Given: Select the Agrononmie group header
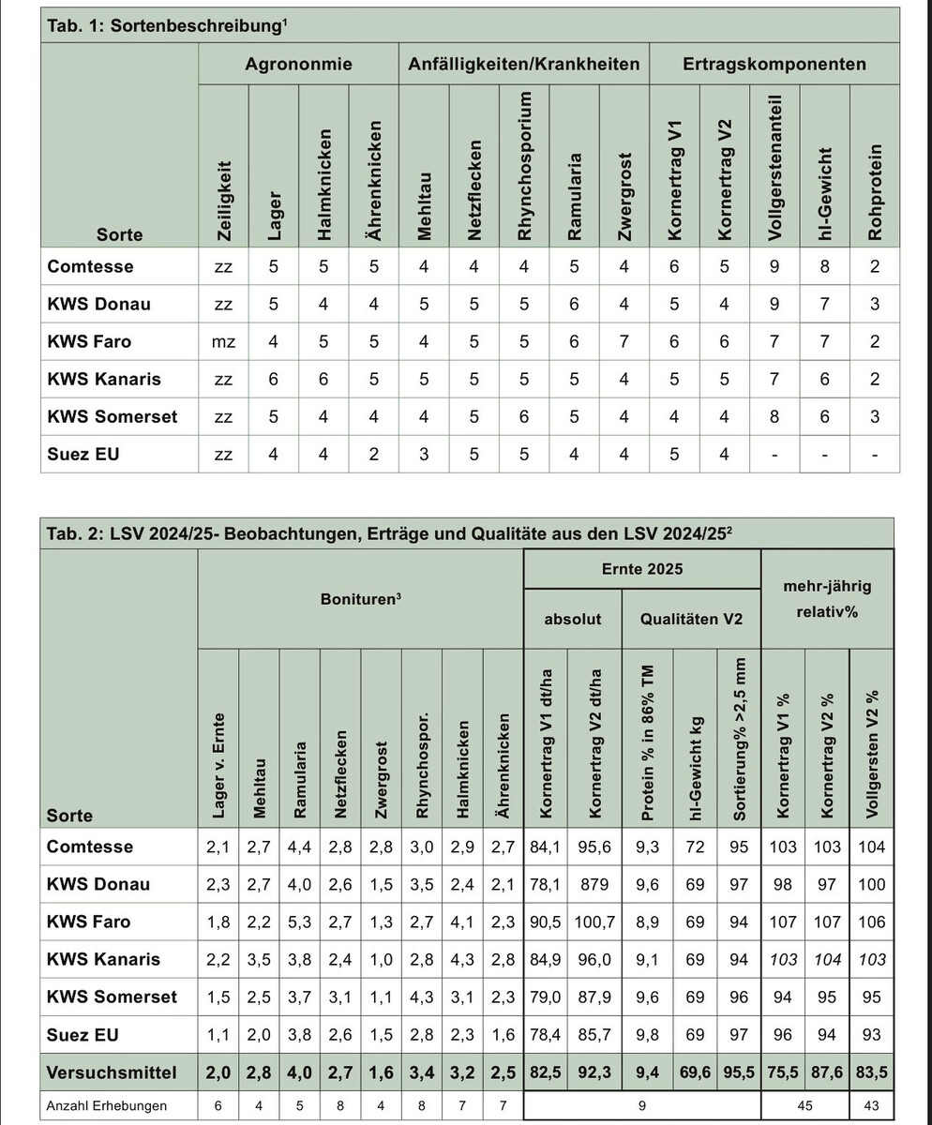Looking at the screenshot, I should coord(298,65).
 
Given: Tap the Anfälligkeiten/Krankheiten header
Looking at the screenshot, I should coord(523,65).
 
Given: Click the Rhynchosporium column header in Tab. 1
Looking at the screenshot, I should coord(524,167).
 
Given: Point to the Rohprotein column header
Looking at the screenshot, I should coord(875,192).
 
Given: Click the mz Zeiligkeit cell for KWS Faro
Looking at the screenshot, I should coord(223,342).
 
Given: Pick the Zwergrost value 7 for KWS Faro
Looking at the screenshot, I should coord(624,342).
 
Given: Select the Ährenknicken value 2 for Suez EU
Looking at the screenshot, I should coord(373,455).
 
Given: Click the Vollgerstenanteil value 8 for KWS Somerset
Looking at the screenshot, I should coord(774,417).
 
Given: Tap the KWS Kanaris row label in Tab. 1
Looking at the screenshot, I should coord(104,380).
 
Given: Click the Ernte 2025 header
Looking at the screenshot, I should coord(641,569).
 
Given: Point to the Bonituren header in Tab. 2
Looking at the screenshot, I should coord(360,596).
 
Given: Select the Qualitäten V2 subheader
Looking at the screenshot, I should coord(691,620).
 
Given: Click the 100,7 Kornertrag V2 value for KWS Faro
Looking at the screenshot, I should coord(596,922).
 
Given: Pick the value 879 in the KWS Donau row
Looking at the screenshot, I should coord(596,884).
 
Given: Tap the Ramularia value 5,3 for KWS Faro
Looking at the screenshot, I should coord(299,922).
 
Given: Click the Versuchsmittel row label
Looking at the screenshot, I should coord(111,1071).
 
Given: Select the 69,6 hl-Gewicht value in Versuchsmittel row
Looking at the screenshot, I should coord(691,1071).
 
